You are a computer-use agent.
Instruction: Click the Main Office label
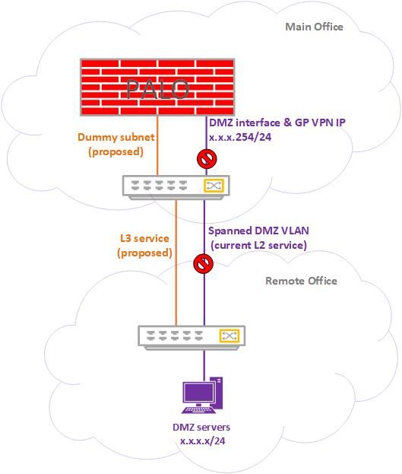point(314,27)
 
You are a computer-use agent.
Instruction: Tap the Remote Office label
point(301,281)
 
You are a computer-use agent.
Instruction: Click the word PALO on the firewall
point(157,89)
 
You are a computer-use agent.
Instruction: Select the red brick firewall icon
point(157,87)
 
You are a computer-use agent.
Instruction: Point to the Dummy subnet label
point(116,137)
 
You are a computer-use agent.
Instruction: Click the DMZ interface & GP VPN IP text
point(277,122)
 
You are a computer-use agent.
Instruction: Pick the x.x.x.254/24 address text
point(240,137)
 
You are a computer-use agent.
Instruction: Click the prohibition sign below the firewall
point(207,159)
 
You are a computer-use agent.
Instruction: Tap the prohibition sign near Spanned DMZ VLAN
point(204,263)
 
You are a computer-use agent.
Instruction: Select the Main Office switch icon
point(176,187)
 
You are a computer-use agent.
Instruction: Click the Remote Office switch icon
point(192,338)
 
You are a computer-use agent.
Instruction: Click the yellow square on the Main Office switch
point(214,186)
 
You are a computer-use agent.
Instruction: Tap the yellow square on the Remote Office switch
point(229,336)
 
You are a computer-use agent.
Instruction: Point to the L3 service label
point(144,238)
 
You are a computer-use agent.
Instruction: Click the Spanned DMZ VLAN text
point(258,231)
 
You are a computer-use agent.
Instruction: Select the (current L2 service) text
point(258,245)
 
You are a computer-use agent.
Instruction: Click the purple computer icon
point(202,395)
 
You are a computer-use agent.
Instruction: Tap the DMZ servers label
point(201,427)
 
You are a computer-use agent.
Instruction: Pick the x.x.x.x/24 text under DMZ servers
point(202,441)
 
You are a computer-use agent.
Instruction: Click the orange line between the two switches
point(176,262)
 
